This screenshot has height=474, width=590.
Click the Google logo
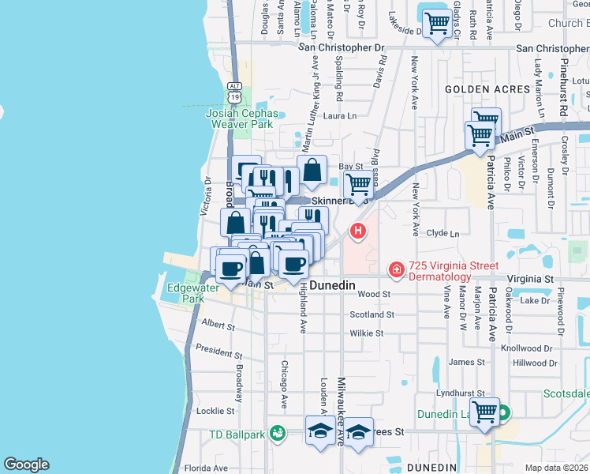coord(26,465)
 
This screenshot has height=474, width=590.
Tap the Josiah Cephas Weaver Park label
coord(239,118)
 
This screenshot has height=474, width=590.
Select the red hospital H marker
coord(358,231)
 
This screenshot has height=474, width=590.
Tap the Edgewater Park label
coord(188,294)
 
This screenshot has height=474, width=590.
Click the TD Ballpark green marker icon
coord(277,432)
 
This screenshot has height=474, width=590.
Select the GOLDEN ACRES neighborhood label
coord(487,89)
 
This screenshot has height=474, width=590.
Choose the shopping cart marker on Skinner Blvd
coord(359,186)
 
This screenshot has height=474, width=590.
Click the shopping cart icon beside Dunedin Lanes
coord(484,412)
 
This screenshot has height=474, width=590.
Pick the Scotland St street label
coord(372,314)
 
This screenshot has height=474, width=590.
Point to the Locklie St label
coord(216,411)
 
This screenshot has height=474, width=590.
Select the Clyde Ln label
coord(442,234)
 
